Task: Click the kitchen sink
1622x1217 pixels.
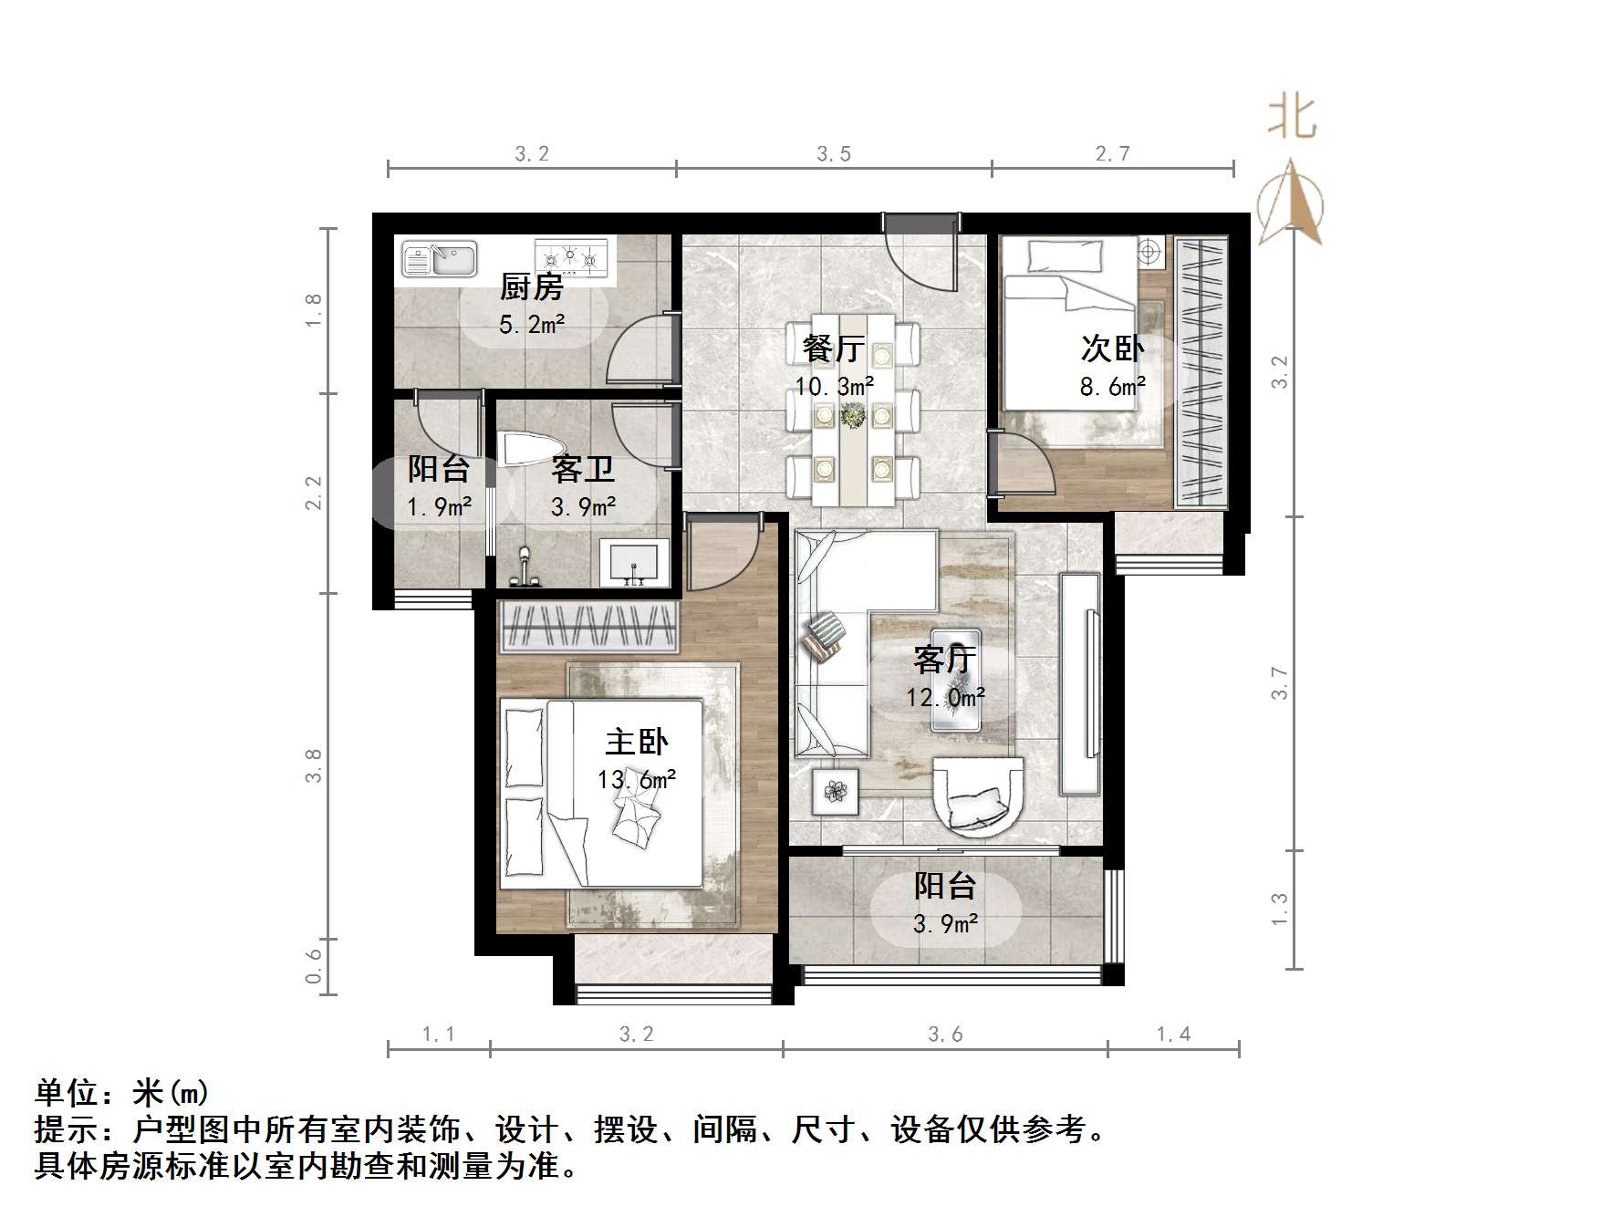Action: tap(439, 258)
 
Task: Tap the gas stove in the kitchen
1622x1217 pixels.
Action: tap(571, 256)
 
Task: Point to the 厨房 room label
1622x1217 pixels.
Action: tap(531, 287)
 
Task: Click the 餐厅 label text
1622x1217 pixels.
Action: tap(833, 348)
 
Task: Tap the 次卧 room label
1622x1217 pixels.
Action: tap(1112, 348)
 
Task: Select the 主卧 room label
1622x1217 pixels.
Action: tap(636, 742)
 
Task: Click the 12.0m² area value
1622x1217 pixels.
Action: tap(945, 698)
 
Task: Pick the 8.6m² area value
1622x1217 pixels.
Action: tap(1112, 387)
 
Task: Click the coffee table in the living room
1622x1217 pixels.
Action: tap(956, 679)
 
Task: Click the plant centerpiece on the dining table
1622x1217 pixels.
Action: tap(853, 416)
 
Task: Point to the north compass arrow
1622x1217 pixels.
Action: tap(1290, 203)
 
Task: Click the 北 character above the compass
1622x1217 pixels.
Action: tap(1292, 118)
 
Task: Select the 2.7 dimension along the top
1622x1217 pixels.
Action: tap(1112, 153)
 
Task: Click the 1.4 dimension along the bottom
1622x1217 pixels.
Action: tap(1173, 1034)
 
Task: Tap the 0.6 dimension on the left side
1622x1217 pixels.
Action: tap(313, 966)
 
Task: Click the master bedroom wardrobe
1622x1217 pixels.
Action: tap(588, 627)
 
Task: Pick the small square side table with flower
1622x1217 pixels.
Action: tap(836, 791)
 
